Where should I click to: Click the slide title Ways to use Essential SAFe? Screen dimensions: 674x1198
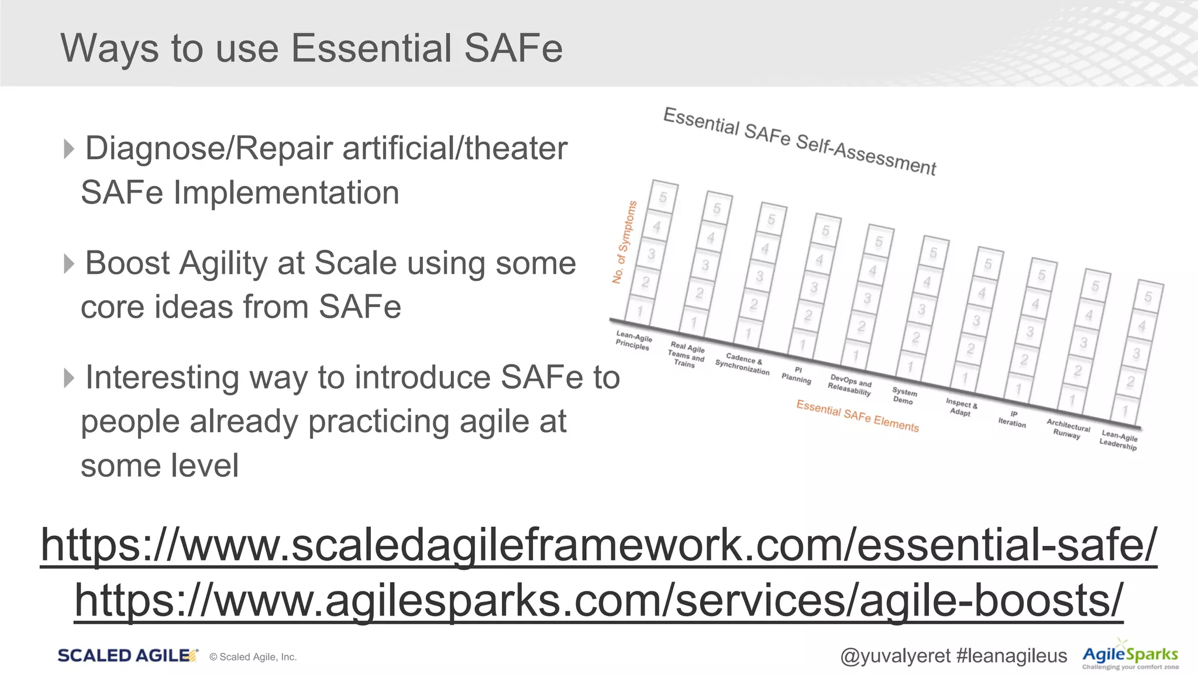(311, 48)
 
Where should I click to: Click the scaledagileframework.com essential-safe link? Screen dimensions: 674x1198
(598, 545)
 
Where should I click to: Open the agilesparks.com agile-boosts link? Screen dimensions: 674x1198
(598, 600)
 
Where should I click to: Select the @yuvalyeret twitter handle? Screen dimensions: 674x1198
(895, 656)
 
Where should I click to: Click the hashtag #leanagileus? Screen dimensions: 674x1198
(1012, 656)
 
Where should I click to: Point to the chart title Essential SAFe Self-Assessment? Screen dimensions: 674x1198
(800, 141)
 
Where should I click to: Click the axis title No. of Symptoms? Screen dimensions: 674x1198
(624, 242)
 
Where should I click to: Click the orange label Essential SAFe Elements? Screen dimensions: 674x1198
(858, 415)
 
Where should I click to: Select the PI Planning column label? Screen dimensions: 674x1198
(797, 375)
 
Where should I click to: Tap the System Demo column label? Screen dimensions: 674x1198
(904, 396)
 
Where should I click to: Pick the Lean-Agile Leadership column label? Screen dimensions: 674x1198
(1118, 440)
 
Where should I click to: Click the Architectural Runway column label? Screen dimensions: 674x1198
(1068, 429)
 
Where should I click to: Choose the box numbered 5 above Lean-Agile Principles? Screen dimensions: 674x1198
(663, 197)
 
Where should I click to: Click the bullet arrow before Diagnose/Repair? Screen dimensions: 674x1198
(69, 149)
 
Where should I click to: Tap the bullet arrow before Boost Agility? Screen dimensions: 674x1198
(69, 263)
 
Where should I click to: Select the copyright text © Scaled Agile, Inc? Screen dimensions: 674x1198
(253, 657)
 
